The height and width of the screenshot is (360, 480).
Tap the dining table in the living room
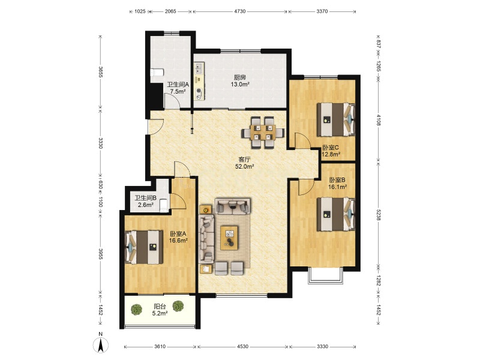coord(263,133)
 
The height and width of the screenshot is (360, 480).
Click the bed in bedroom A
coord(143,247)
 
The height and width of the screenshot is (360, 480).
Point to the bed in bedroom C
coord(336,119)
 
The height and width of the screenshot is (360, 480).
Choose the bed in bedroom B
coord(336,214)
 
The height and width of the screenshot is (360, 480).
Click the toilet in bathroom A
coord(157,73)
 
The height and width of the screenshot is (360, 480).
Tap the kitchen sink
coord(199,68)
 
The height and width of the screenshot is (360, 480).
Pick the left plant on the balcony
coord(137,309)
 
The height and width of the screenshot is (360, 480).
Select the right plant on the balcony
coord(178,306)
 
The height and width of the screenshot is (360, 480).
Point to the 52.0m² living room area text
coord(245,167)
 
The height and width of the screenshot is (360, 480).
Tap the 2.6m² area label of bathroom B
coord(146,205)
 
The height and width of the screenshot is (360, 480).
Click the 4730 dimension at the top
coord(239,11)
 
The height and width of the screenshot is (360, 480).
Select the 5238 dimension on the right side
coord(379,215)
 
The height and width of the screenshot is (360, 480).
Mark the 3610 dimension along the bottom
coord(160,347)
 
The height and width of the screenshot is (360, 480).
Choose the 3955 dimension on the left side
coord(100,254)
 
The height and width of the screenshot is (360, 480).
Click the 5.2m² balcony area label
coord(160,313)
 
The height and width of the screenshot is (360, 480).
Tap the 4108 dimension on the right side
coord(379,120)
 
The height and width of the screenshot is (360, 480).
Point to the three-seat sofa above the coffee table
coord(232,205)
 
